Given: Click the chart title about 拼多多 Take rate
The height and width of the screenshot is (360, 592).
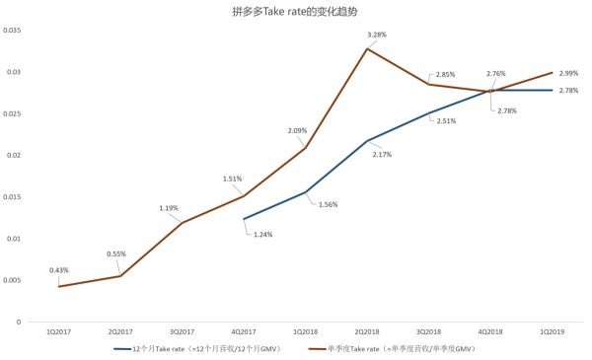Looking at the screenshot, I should pyautogui.click(x=296, y=12).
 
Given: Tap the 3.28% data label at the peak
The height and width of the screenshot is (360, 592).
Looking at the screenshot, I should pyautogui.click(x=376, y=36).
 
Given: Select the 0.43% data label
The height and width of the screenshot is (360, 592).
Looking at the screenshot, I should pyautogui.click(x=60, y=270).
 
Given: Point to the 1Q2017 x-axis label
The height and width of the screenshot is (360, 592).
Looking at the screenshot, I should pyautogui.click(x=59, y=330).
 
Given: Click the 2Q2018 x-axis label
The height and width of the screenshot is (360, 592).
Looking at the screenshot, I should pyautogui.click(x=366, y=330).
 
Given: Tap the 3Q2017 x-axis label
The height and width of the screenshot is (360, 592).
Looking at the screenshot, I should pyautogui.click(x=182, y=330).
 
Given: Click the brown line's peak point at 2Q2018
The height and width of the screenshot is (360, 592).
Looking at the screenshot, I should pyautogui.click(x=366, y=49).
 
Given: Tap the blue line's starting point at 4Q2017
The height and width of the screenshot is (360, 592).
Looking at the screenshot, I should pyautogui.click(x=243, y=219).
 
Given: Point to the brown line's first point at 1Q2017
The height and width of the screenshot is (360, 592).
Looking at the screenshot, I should pyautogui.click(x=59, y=286).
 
